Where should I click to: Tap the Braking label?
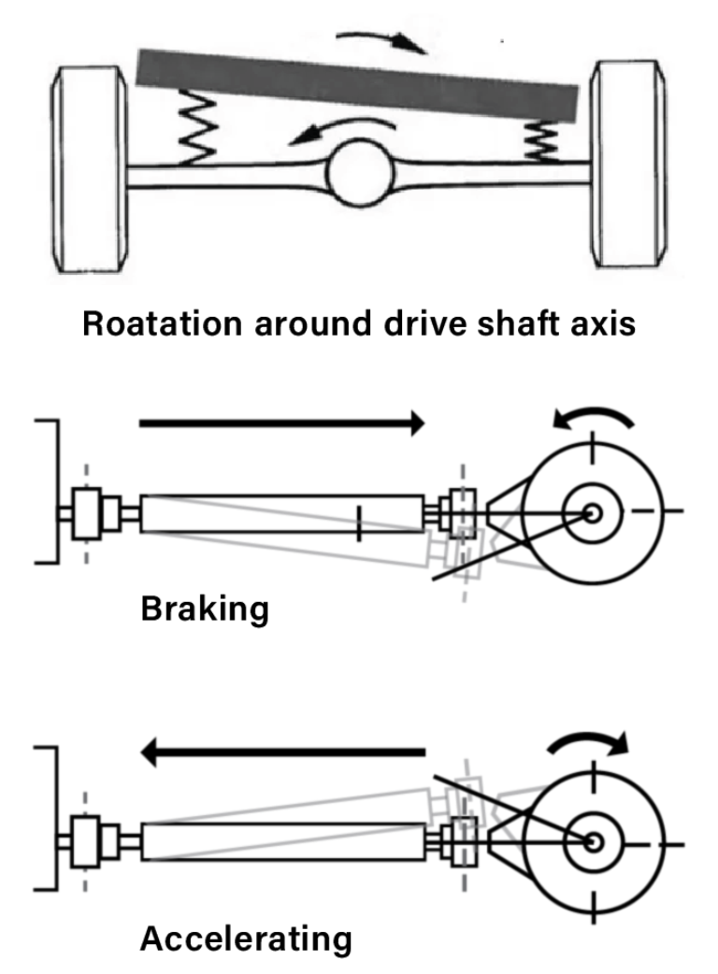[x=205, y=609]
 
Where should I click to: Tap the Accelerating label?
[x=246, y=938]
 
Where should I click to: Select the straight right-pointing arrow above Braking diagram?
[x=280, y=423]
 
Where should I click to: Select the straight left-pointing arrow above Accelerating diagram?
[x=290, y=751]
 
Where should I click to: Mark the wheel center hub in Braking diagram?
[x=592, y=512]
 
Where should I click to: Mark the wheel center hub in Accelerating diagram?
[x=592, y=840]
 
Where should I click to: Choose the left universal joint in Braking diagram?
[x=87, y=513]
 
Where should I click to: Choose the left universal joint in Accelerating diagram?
[x=87, y=840]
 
